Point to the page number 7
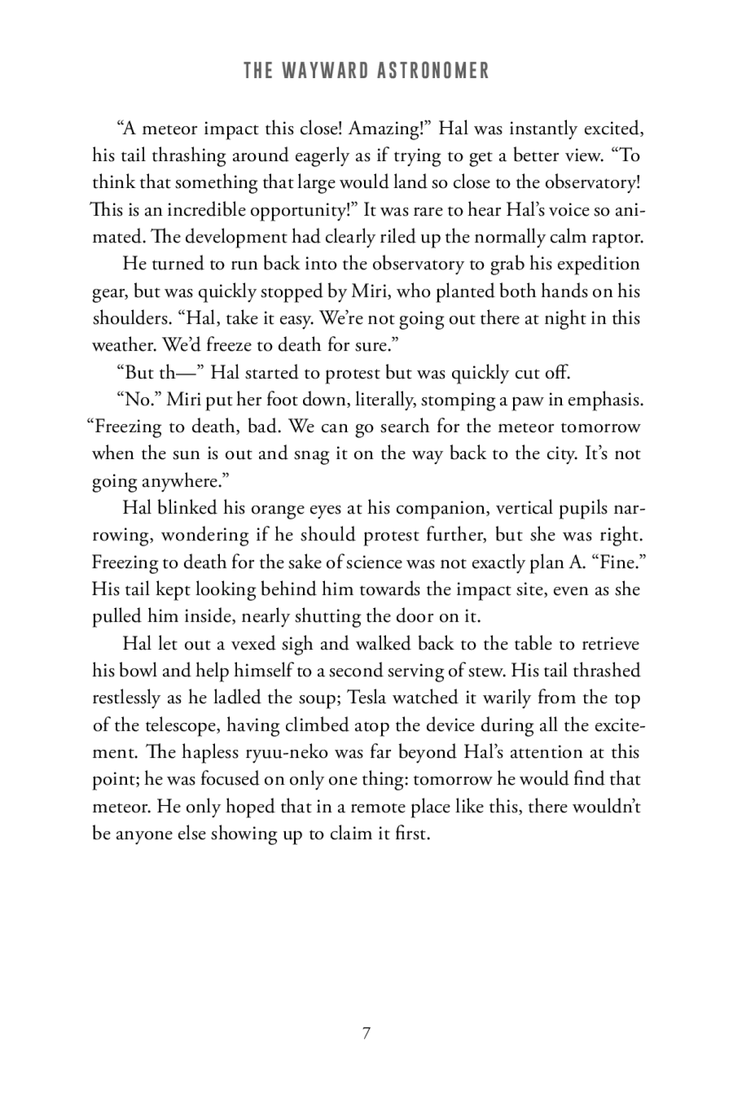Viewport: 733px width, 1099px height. tap(366, 1034)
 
